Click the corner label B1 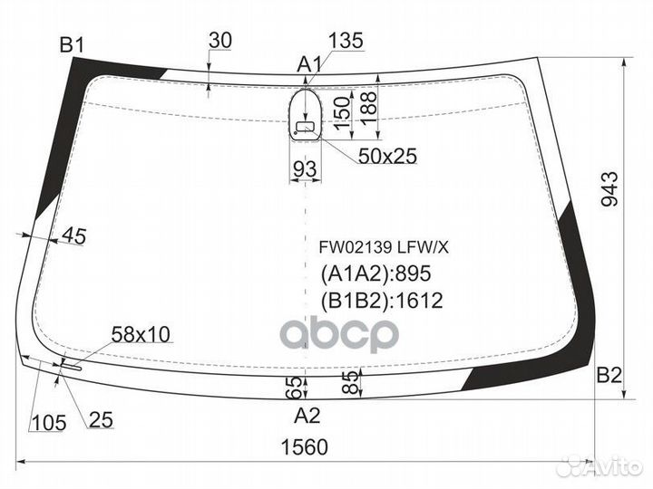[x=72, y=45]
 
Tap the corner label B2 [x=609, y=376]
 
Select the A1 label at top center [x=309, y=65]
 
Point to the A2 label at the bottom [x=307, y=416]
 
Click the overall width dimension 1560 [x=305, y=447]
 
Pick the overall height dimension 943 [x=610, y=189]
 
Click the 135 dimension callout [x=346, y=41]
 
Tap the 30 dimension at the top [x=220, y=41]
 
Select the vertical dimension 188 [x=368, y=109]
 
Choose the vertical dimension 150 [x=342, y=113]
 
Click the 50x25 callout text [x=387, y=157]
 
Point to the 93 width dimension [x=306, y=169]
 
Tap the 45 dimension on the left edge [x=74, y=236]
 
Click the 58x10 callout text [x=141, y=335]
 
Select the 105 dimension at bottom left [x=49, y=423]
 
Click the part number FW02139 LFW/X [x=384, y=248]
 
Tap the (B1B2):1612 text [x=382, y=301]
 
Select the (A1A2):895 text [x=375, y=273]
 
